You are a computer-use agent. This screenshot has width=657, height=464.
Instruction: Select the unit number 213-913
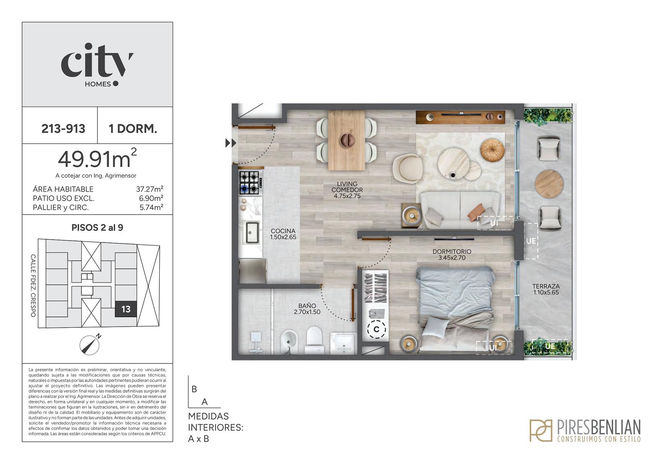63,129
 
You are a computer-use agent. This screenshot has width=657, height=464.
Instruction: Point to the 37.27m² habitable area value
149,189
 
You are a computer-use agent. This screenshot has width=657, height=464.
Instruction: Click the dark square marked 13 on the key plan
126,309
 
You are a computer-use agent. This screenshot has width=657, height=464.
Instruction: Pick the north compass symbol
90,345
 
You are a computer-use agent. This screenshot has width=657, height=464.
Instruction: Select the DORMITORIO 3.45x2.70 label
452,254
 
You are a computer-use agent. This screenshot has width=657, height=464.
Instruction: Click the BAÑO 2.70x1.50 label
307,309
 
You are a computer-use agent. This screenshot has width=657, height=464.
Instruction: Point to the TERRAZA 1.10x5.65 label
546,289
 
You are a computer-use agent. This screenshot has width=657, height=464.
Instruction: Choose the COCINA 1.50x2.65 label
283,234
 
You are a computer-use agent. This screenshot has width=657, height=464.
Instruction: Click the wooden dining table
347,140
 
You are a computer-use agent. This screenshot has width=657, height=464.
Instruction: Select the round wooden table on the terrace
549,184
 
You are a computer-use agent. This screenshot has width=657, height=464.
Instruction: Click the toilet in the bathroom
314,340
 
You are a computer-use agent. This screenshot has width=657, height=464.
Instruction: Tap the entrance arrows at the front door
231,143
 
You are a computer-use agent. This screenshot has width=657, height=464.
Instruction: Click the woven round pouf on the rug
492,150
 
